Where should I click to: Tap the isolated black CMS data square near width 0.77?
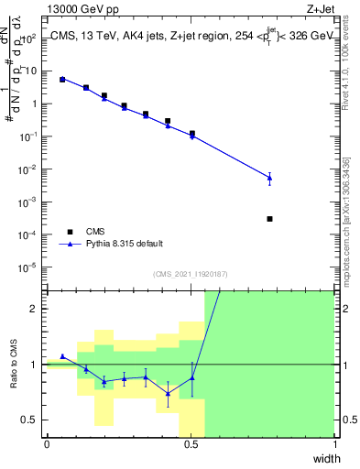point(269,219)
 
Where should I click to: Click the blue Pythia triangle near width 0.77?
point(269,177)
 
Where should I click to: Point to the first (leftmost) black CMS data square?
point(62,80)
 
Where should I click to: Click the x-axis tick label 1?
point(334,444)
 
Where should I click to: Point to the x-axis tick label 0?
point(47,444)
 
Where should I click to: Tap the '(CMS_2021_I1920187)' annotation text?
point(190,274)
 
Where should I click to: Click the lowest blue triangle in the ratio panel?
point(168,394)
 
